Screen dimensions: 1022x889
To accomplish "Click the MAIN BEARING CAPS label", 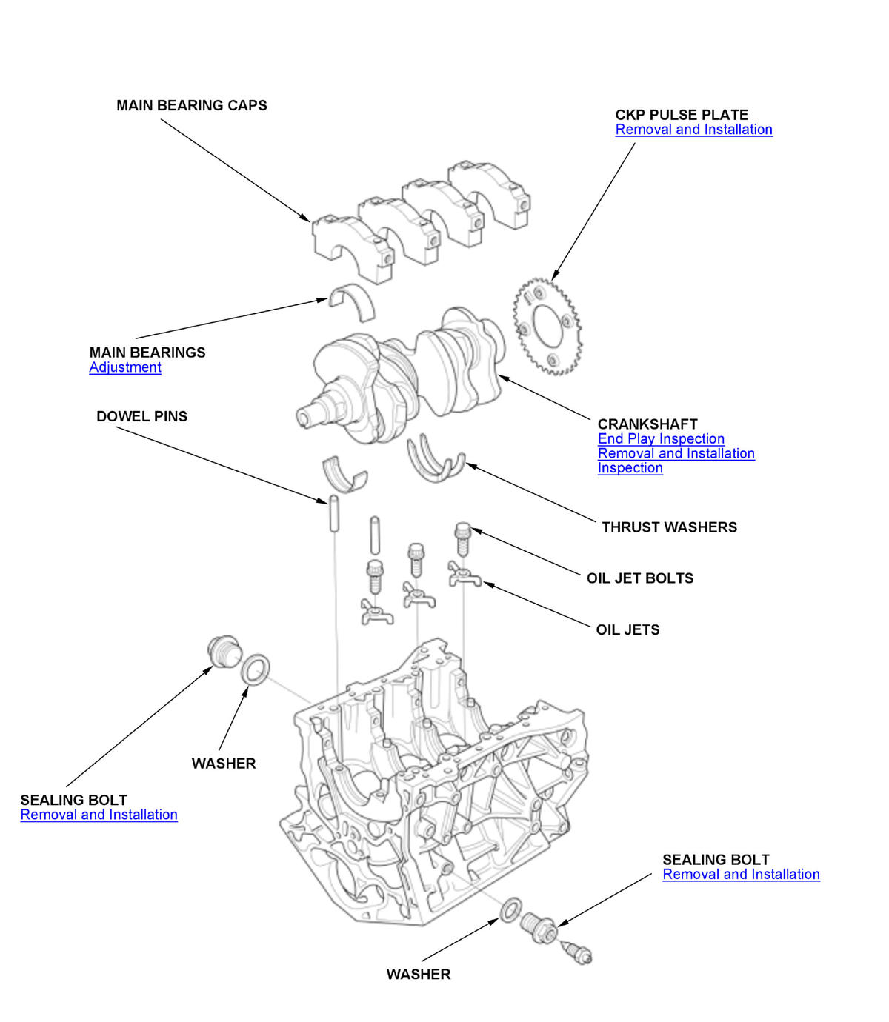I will tap(191, 106).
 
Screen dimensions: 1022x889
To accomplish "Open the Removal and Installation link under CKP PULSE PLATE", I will tap(693, 130).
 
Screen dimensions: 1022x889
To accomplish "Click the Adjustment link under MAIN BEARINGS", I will tap(125, 367).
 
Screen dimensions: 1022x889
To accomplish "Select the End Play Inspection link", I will tap(661, 438).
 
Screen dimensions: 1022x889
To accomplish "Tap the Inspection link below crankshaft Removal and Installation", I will tap(630, 468).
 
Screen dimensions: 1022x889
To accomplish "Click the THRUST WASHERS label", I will tap(669, 527).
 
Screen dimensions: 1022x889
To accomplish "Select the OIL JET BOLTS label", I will tap(640, 578).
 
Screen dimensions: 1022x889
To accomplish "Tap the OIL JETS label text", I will tap(627, 630).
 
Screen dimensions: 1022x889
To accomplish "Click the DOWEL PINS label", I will tap(141, 416).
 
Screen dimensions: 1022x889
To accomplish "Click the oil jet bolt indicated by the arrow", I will tap(462, 538).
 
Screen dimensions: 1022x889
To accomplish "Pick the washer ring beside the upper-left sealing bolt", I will tap(256, 669).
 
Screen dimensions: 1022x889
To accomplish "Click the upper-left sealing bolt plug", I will tap(222, 651).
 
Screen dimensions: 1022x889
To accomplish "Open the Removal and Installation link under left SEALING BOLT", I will tap(99, 815).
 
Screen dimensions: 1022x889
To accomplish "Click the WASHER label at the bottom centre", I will tap(418, 975).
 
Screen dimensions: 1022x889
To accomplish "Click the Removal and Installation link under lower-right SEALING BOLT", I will tap(741, 875).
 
